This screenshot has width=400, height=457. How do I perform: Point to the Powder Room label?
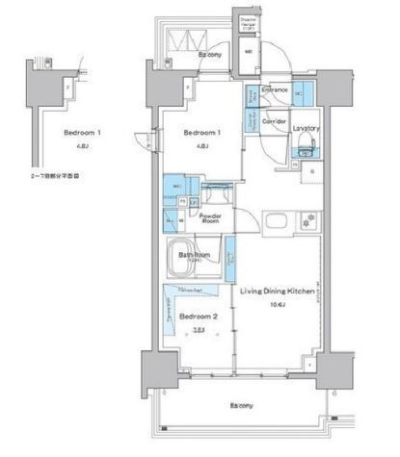click(x=211, y=218)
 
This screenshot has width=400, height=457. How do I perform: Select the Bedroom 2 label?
click(x=195, y=315)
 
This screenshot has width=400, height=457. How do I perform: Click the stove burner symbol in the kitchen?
click(x=308, y=217)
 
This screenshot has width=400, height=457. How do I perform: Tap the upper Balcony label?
click(x=212, y=57)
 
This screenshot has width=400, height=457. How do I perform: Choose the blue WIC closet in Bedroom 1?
click(x=177, y=186)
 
